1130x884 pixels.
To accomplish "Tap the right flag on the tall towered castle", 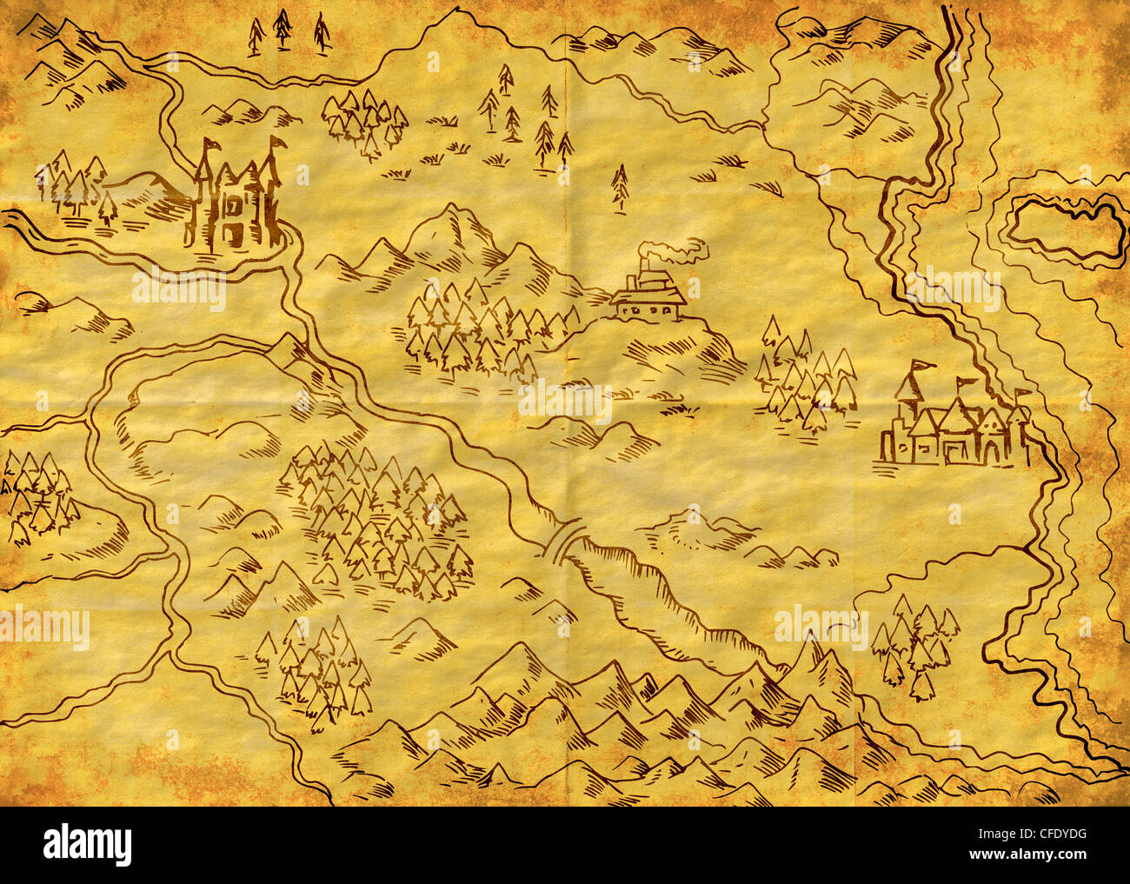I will pyautogui.click(x=278, y=142).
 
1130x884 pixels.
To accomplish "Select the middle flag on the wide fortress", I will pyautogui.click(x=963, y=382).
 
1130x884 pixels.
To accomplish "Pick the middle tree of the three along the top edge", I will pyautogui.click(x=282, y=29).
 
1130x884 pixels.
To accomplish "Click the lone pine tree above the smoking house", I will pyautogui.click(x=619, y=186).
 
